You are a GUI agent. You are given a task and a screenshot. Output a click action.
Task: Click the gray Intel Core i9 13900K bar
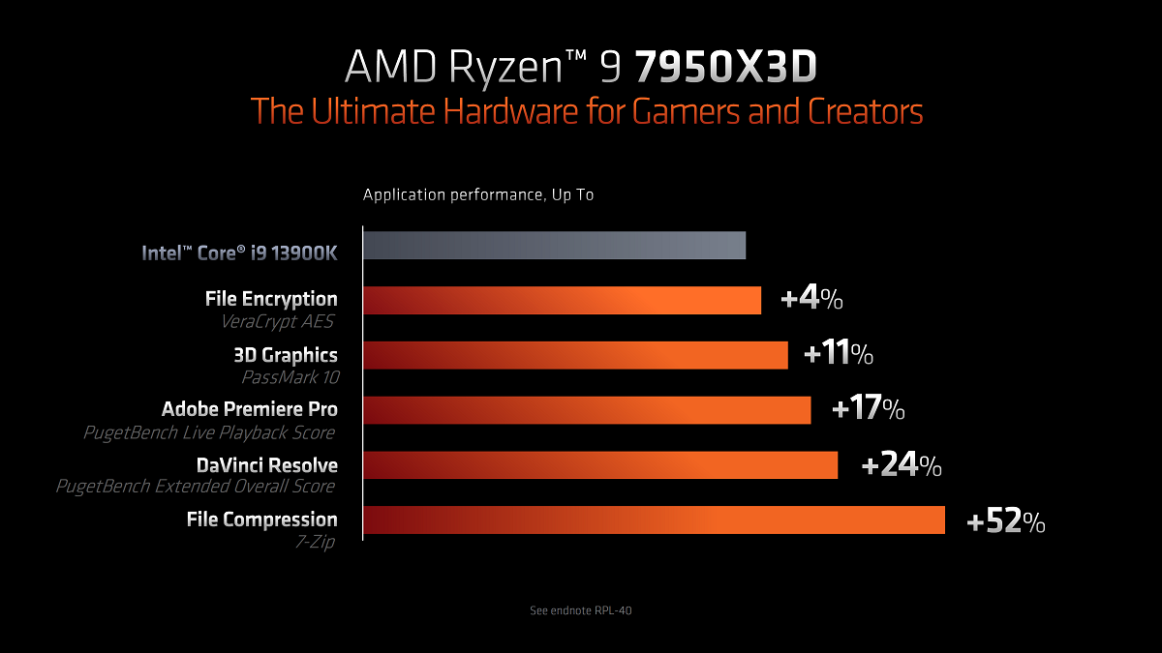[554, 246]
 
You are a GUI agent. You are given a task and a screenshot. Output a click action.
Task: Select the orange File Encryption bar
[562, 300]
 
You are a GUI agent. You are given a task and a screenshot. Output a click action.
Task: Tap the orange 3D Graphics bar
[575, 355]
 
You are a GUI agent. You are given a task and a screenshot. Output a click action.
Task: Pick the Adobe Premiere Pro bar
[587, 410]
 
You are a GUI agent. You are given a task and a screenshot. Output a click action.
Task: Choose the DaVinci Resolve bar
[600, 464]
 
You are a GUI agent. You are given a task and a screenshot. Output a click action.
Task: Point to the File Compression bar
[654, 519]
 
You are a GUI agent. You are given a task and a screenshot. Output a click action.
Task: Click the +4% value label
[811, 300]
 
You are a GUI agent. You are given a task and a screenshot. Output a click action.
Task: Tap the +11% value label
[839, 355]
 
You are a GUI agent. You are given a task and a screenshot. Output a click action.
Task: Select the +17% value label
[868, 410]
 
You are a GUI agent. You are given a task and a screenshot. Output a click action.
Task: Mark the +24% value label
[901, 466]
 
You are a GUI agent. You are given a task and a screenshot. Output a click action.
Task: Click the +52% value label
[1006, 523]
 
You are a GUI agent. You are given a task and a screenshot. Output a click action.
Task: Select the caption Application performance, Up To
[478, 195]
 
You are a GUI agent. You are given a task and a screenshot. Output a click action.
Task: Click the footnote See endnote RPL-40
[581, 610]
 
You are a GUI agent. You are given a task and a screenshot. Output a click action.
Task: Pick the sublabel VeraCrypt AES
[277, 322]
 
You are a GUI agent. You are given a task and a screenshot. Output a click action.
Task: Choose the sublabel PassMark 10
[289, 377]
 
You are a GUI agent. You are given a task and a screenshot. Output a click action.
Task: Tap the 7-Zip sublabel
[315, 542]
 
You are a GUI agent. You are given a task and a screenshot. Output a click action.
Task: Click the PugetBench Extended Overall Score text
[196, 487]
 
